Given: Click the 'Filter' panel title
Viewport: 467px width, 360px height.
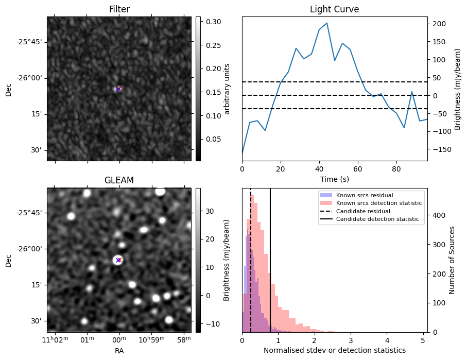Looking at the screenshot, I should [119, 10].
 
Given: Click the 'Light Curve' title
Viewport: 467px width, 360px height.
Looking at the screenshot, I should [334, 10].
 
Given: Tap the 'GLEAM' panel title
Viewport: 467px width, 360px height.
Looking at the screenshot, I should [119, 180].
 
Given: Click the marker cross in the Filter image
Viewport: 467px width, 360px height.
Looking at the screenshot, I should [118, 89].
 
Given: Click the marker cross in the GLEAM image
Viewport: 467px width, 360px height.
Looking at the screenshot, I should [118, 260].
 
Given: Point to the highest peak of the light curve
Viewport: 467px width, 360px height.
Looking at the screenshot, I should [327, 23].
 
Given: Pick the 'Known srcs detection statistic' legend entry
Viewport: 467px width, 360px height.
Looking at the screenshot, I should [378, 203].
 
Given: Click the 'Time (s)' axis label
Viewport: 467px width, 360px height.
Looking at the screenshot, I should [334, 178].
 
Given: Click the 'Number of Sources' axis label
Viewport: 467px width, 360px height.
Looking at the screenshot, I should [453, 260].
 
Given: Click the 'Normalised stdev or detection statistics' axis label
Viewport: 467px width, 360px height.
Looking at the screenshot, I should [334, 350].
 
